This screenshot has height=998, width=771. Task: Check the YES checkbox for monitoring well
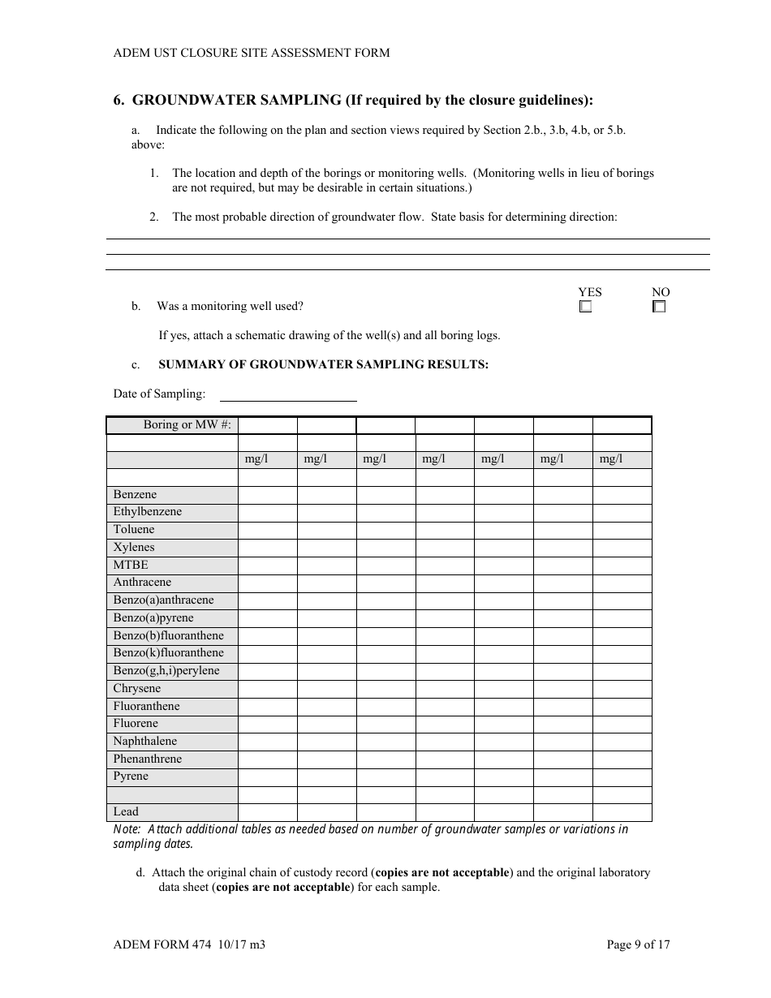click(585, 307)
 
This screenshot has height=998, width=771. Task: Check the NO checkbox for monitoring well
click(659, 307)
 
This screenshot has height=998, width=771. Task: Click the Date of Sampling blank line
click(288, 394)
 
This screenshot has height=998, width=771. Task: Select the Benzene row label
click(135, 495)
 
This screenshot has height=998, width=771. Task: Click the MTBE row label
click(131, 566)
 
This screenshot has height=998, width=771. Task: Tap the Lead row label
click(126, 812)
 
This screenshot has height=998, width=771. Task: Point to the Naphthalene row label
click(144, 742)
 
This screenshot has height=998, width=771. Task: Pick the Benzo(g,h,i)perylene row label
click(166, 671)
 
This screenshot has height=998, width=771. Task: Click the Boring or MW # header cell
click(187, 425)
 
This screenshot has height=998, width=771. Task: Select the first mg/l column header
click(256, 459)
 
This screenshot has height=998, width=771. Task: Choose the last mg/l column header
click(610, 459)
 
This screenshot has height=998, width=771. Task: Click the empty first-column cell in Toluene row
click(267, 530)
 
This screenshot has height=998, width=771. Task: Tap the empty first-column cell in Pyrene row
click(267, 776)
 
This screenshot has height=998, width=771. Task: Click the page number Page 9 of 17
click(639, 944)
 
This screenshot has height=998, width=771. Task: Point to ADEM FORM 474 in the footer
click(162, 944)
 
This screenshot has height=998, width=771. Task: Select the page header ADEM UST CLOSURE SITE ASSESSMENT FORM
click(252, 53)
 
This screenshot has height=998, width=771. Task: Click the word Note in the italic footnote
click(126, 829)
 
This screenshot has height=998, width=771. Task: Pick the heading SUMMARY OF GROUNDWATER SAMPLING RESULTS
click(323, 364)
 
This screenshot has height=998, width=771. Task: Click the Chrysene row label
click(137, 689)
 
